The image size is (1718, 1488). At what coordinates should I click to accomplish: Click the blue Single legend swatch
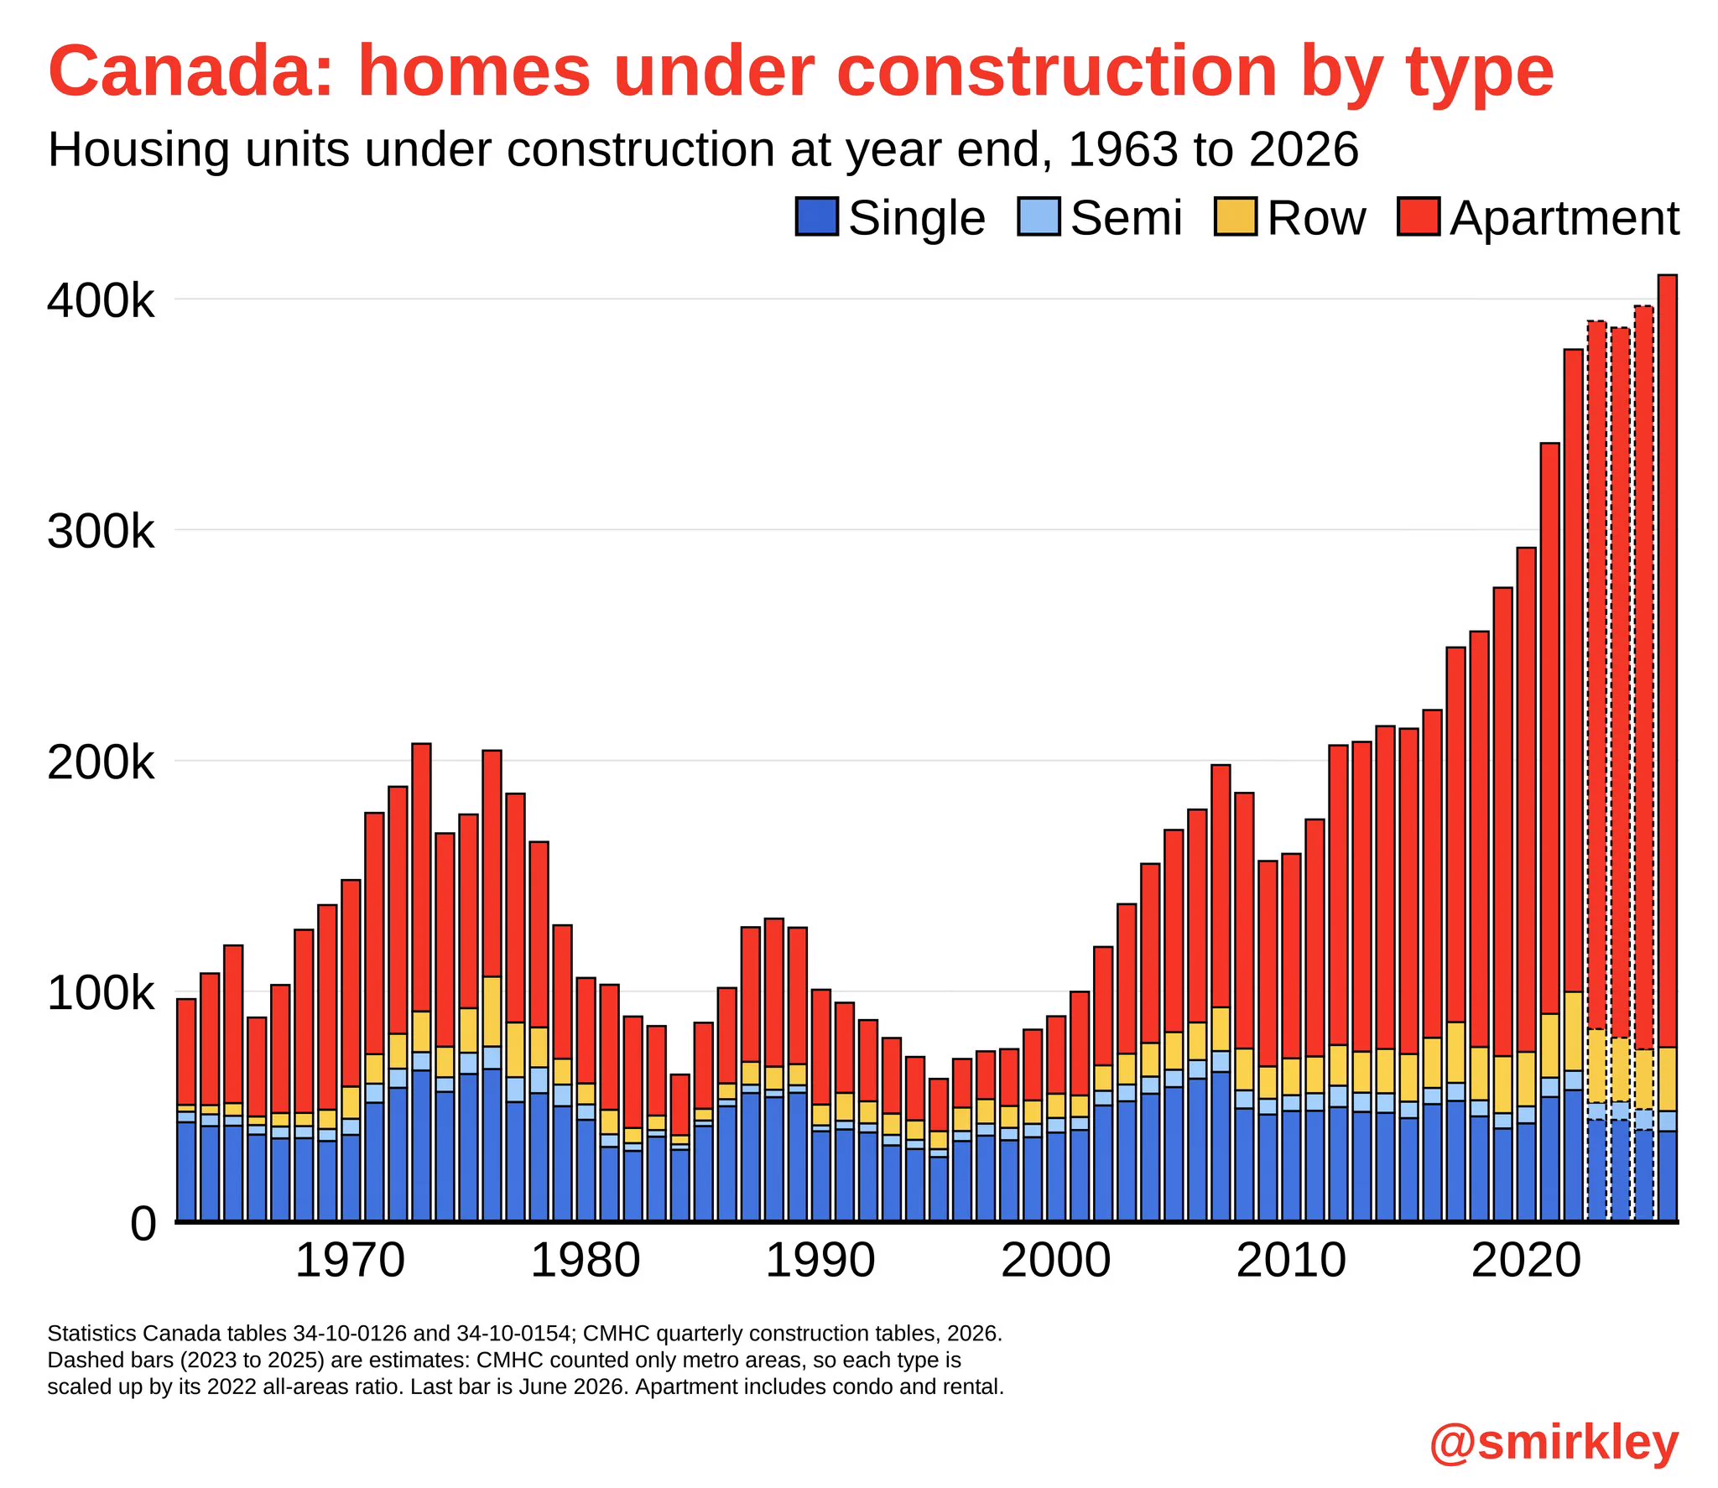pos(816,216)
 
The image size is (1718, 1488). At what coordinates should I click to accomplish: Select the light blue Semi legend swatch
pos(1039,216)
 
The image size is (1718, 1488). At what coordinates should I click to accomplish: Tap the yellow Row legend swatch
pos(1235,216)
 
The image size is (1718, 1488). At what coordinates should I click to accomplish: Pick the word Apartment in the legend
pos(1564,220)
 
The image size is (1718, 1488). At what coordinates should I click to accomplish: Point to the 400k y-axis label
pos(101,300)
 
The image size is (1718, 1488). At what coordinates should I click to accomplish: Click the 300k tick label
pos(101,531)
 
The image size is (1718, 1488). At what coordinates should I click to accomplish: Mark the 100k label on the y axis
pos(101,993)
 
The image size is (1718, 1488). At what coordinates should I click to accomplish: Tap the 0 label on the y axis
pos(143,1224)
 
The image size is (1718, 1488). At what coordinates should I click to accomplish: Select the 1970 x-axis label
pos(350,1261)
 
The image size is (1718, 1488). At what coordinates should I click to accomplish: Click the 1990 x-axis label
pos(820,1261)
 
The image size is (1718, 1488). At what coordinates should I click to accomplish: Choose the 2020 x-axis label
pos(1526,1261)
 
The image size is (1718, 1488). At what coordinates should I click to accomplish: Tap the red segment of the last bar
pos(1668,661)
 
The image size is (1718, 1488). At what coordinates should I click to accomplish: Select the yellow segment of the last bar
pos(1668,1080)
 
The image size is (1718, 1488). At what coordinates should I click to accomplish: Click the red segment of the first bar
pos(186,1052)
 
